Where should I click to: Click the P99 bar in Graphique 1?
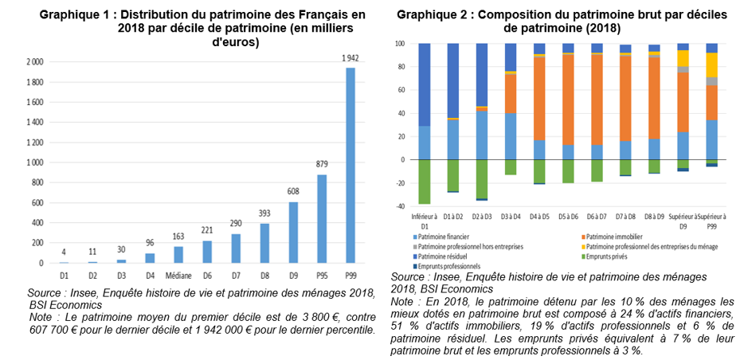(x=349, y=165)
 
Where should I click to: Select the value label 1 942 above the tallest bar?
(x=349, y=58)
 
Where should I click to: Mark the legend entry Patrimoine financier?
(x=442, y=237)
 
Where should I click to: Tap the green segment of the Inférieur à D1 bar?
(x=425, y=182)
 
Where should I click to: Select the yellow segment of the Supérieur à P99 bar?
(x=711, y=65)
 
